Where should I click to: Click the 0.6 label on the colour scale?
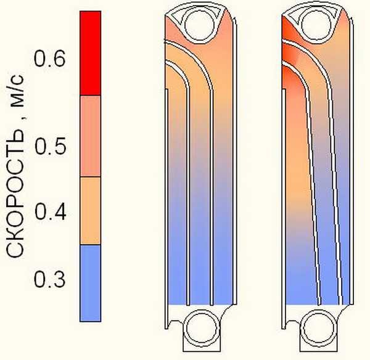click(x=49, y=58)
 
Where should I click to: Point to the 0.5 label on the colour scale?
click(x=51, y=146)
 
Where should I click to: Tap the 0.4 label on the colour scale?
click(x=51, y=212)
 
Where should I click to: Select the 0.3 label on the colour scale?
click(x=49, y=279)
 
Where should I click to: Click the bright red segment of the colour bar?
click(x=91, y=53)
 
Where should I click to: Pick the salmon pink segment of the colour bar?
click(x=91, y=136)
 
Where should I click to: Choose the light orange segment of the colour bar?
click(x=91, y=211)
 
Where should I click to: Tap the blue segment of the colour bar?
click(x=91, y=283)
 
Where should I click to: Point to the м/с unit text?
click(x=17, y=91)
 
